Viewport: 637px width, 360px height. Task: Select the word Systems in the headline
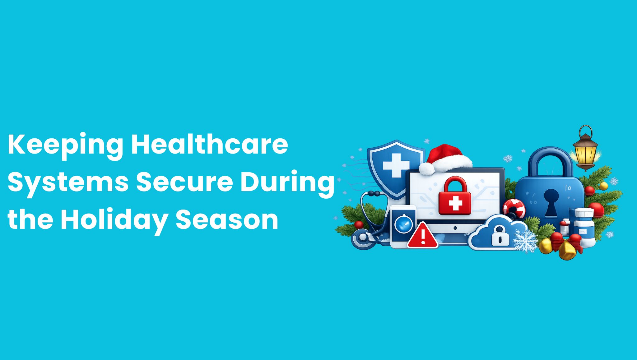pos(68,183)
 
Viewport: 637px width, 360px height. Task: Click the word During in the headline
pos(287,183)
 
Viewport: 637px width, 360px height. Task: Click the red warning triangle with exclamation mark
pos(423,236)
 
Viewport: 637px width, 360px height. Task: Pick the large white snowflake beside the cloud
pos(525,241)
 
